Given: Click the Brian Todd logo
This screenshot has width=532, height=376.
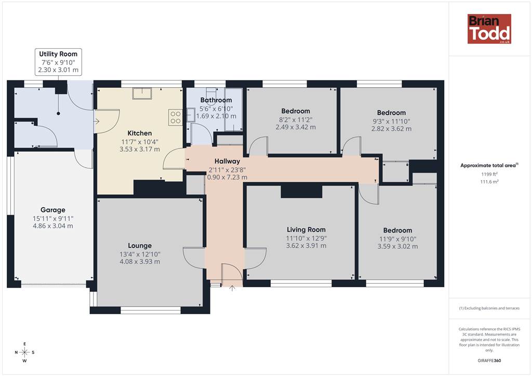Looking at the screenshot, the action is click(x=489, y=29).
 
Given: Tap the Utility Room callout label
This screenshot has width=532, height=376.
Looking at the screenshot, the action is click(x=58, y=62).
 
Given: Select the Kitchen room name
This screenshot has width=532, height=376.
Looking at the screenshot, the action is click(x=139, y=133).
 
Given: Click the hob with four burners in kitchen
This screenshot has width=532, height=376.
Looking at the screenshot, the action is click(x=176, y=117).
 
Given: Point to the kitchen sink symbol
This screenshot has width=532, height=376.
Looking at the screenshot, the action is click(x=142, y=93).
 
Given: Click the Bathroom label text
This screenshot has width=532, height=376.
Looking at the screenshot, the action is click(x=216, y=100).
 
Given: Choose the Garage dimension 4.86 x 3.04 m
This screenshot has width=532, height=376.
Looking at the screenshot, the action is click(x=53, y=226).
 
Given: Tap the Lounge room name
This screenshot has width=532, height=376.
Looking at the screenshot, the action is click(x=140, y=246).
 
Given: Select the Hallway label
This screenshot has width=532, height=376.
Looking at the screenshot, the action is click(x=228, y=162).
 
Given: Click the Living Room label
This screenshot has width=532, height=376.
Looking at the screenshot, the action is click(x=306, y=230).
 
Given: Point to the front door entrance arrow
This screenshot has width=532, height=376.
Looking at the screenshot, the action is click(x=232, y=288).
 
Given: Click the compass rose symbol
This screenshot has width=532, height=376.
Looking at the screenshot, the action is click(x=24, y=352).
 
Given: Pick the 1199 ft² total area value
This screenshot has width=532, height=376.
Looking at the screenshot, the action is click(x=489, y=174).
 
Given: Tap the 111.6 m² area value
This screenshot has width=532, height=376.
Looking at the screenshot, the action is click(x=489, y=182).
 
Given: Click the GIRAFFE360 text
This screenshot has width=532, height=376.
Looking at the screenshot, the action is click(x=489, y=360).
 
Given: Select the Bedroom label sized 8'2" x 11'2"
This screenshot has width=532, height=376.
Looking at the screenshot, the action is click(x=296, y=111).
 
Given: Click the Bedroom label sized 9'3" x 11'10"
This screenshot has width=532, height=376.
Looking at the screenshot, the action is click(x=391, y=113).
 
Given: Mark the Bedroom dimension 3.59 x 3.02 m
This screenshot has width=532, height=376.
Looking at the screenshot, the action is click(x=397, y=247).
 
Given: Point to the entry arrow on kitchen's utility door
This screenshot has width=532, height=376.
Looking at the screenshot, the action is click(x=96, y=121).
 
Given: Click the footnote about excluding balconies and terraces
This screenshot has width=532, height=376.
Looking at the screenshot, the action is click(x=489, y=308).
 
